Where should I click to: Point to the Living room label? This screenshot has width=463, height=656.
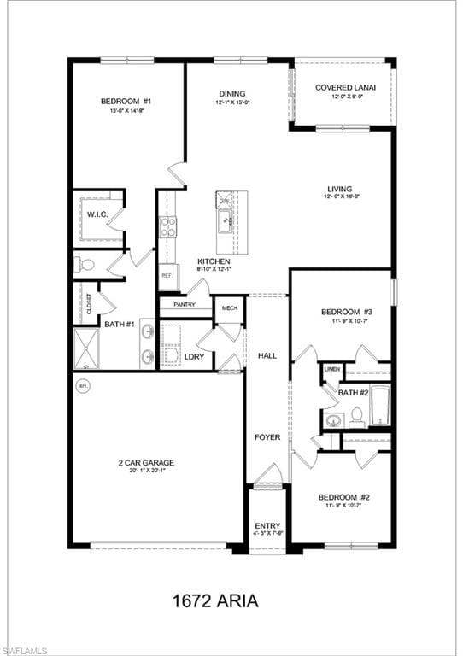(x=339, y=190)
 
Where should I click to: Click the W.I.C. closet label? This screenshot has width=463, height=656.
(x=97, y=214)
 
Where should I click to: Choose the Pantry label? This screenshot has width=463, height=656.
(x=185, y=304)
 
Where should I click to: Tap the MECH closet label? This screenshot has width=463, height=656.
(x=229, y=308)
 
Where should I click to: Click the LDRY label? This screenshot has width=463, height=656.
(x=194, y=356)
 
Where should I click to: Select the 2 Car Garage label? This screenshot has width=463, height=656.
(x=146, y=463)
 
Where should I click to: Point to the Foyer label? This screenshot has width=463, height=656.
(x=267, y=437)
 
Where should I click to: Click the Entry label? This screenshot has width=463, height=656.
(x=267, y=525)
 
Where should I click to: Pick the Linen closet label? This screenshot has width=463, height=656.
(x=332, y=369)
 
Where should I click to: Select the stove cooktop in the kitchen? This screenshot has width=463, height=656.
(x=168, y=227)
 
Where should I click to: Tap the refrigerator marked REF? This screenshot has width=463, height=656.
(x=167, y=277)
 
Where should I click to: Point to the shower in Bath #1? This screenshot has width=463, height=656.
(x=89, y=350)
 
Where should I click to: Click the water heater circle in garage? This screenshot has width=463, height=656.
(x=84, y=385)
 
